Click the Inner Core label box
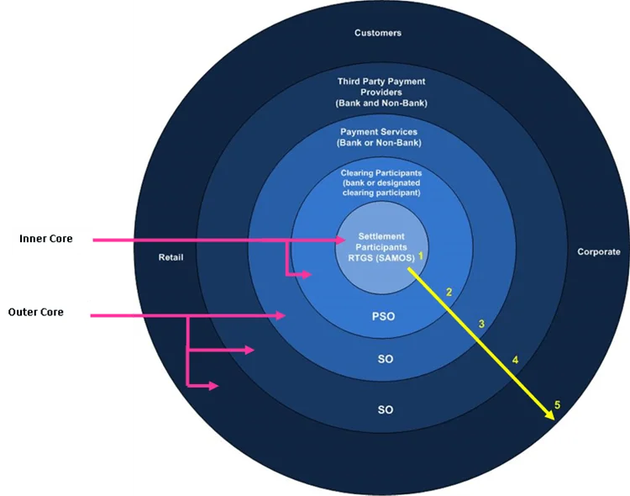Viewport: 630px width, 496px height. tap(46, 239)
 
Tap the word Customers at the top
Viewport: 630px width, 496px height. tap(378, 33)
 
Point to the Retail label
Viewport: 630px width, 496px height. tap(171, 257)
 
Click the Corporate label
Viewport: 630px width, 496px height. tap(599, 251)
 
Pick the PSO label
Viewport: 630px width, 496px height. tap(383, 317)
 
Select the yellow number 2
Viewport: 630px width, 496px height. tap(449, 293)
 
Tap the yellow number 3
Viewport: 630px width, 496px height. tap(481, 324)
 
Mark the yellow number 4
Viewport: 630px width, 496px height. tap(515, 360)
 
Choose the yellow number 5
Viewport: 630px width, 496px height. tap(557, 404)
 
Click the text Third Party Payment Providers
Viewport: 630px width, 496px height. tap(381, 87)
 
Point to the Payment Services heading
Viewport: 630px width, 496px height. tap(379, 132)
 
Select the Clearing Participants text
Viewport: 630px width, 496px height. tap(381, 172)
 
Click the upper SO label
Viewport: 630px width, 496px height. tap(386, 360)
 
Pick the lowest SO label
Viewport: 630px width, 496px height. tap(386, 410)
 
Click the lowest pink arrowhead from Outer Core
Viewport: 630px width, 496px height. tap(214, 386)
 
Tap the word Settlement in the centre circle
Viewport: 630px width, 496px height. tap(381, 236)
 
